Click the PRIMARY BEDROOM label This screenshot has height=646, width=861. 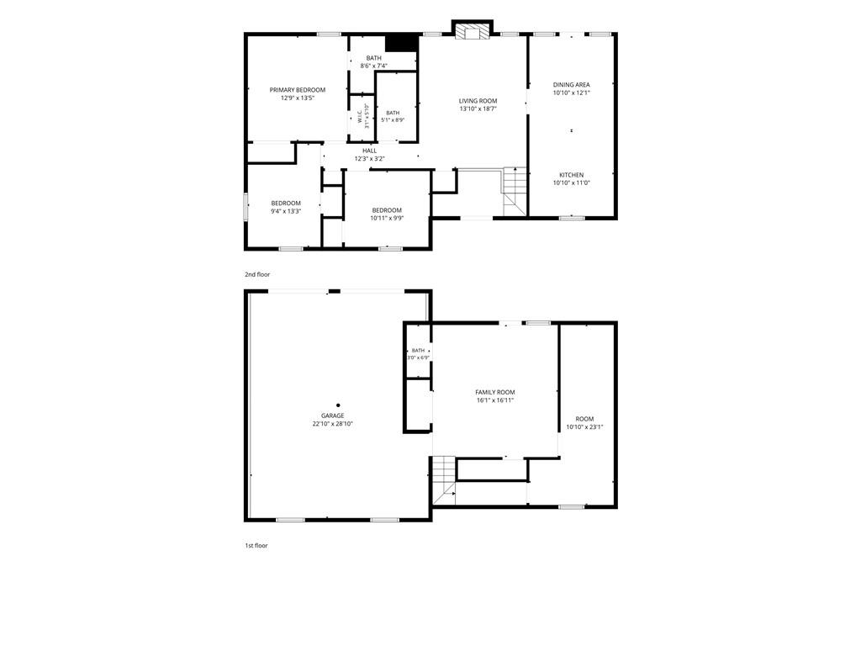coord(297,90)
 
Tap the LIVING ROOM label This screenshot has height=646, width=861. coord(478,101)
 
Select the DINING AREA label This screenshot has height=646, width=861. coord(571,85)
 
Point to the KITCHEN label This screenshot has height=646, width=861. coord(571,175)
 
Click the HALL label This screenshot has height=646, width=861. coord(370,151)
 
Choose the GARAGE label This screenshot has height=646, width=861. coord(333,416)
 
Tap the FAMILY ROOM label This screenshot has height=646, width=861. coord(494,392)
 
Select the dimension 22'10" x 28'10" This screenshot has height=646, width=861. coord(333,424)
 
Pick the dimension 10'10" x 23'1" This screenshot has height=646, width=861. coord(584,426)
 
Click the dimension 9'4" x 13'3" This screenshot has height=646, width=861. coord(286,211)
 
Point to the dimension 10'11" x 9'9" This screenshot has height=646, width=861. coord(387,218)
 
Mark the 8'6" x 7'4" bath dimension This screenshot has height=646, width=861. coord(373,66)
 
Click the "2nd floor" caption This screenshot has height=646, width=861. coord(257,274)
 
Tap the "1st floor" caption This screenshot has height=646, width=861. coord(256,545)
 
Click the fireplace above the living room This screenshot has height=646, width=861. coord(473,30)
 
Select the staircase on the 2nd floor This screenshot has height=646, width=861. coord(515,191)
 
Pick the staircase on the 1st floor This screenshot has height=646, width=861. coord(444,480)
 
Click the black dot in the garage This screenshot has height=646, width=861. coord(338,405)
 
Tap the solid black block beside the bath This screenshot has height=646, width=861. coord(401,44)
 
